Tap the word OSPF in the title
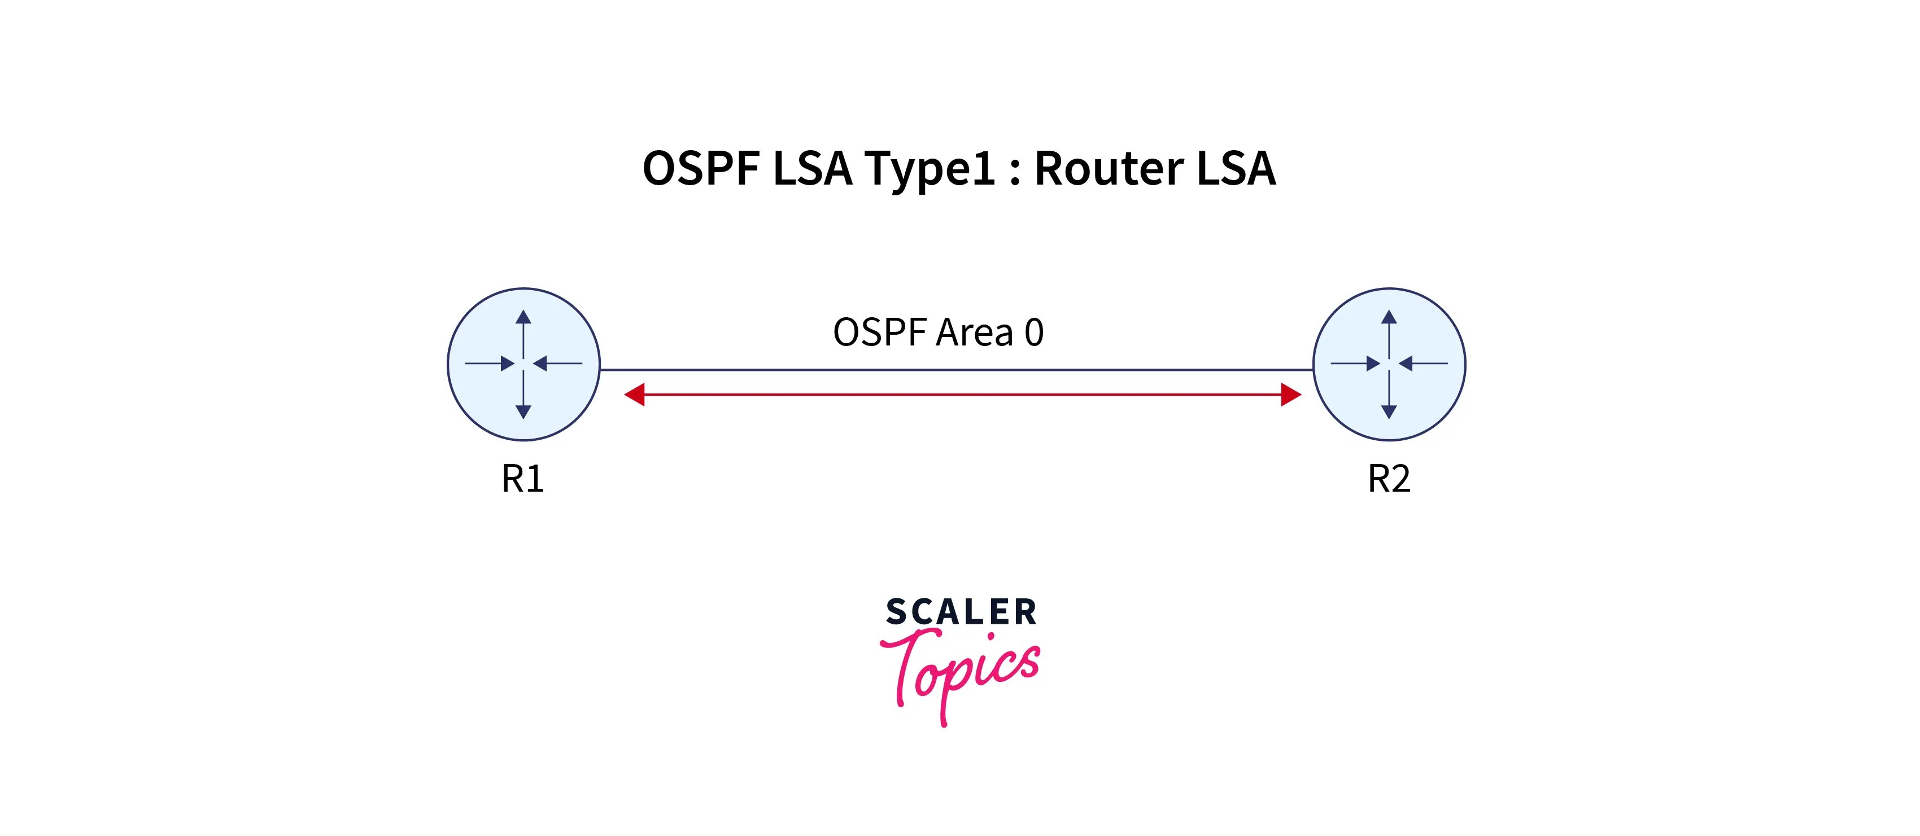[x=701, y=168]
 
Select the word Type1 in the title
[x=930, y=168]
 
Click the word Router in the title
[x=1109, y=168]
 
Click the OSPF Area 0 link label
[x=937, y=332]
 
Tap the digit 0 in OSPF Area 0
[x=1034, y=332]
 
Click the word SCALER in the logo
[x=961, y=612]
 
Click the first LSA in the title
[x=813, y=168]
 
